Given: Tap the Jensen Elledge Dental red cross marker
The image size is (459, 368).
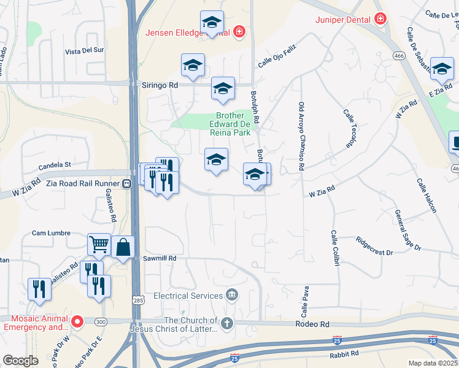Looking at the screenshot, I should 239,31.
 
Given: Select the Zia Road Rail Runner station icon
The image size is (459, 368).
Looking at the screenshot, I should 126,183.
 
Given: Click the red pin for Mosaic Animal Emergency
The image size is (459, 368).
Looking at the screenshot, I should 77,321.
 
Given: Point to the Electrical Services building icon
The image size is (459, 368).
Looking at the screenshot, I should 231,296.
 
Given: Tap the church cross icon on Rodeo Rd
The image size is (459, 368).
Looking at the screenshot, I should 227,323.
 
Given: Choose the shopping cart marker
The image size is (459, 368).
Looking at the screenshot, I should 99,245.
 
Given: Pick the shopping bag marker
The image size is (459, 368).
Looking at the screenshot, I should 123,247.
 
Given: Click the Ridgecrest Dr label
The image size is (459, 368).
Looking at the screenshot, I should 374,246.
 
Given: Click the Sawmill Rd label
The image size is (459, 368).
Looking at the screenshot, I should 160,259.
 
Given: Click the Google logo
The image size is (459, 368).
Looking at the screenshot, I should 21,361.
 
